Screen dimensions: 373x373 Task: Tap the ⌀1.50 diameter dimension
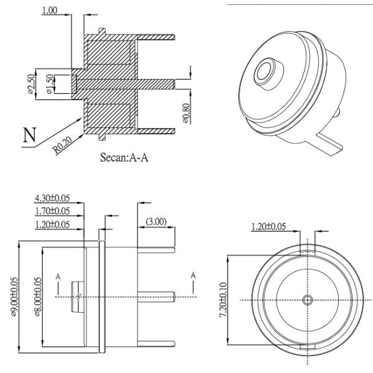[48, 85]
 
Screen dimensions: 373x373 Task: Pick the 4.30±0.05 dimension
[52, 198]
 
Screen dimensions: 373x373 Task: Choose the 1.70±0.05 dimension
[52, 211]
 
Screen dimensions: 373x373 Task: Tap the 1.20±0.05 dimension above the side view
[52, 224]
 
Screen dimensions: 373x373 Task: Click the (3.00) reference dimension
[155, 221]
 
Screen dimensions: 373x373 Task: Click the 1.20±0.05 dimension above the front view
[268, 226]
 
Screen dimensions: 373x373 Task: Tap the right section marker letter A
[193, 274]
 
